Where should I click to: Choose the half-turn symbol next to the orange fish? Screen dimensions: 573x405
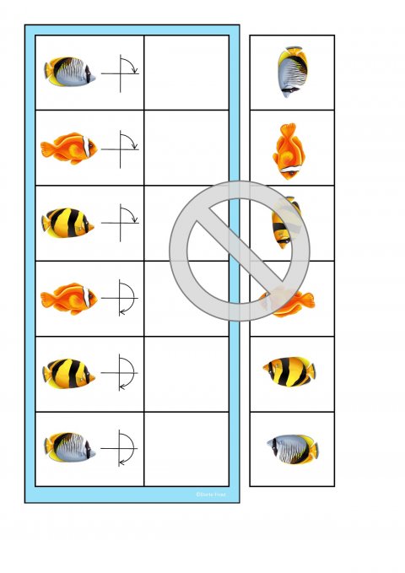[121, 299]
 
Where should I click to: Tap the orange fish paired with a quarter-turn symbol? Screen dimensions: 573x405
[69, 149]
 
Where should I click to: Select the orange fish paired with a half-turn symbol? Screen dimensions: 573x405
[69, 299]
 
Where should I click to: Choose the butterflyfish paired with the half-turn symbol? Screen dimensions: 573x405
[69, 448]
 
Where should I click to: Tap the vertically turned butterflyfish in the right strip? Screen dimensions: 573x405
[292, 73]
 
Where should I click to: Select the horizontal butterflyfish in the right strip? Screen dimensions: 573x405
[293, 448]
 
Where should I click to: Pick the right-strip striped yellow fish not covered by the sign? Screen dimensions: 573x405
[289, 371]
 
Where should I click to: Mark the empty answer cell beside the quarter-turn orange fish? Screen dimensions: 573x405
[186, 148]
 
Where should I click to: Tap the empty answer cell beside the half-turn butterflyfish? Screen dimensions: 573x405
[186, 448]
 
